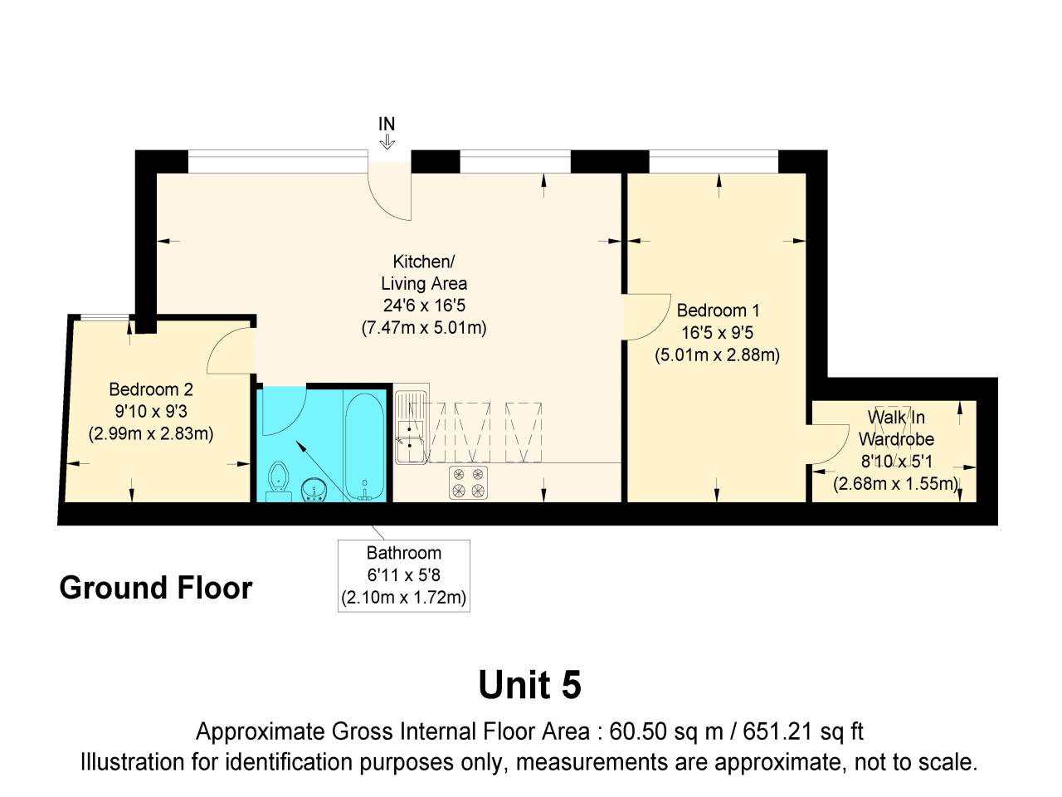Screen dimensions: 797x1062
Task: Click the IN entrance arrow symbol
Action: [x=387, y=143]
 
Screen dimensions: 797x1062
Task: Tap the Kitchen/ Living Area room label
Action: [x=424, y=272]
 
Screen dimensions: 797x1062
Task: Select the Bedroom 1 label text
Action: [x=718, y=310]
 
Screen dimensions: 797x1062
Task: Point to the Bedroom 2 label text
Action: [x=151, y=389]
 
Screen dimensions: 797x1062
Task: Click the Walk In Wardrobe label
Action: [x=896, y=428]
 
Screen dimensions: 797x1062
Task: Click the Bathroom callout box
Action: [x=404, y=575]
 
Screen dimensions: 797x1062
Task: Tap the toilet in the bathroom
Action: [x=279, y=480]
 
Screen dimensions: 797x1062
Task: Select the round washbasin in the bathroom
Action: [x=314, y=490]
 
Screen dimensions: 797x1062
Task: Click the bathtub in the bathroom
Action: [x=364, y=447]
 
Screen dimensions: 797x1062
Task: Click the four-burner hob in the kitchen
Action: [x=469, y=482]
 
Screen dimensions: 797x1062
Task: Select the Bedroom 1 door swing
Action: [x=645, y=316]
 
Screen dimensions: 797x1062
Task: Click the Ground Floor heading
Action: [x=156, y=588]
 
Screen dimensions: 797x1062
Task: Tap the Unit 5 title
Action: [x=529, y=685]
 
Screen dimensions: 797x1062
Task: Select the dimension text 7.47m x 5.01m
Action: [x=424, y=327]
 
